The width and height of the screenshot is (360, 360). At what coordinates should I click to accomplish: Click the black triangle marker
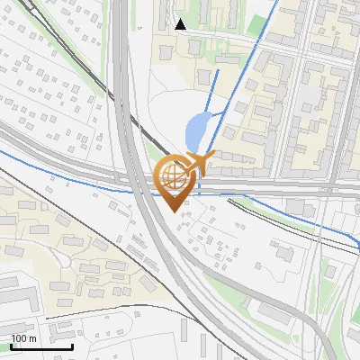(x=181, y=23)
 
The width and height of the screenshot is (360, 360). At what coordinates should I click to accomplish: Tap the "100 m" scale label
(x=24, y=337)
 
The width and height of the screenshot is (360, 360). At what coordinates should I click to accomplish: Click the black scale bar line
(x=42, y=346)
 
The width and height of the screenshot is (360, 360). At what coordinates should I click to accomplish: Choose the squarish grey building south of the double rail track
(x=284, y=254)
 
